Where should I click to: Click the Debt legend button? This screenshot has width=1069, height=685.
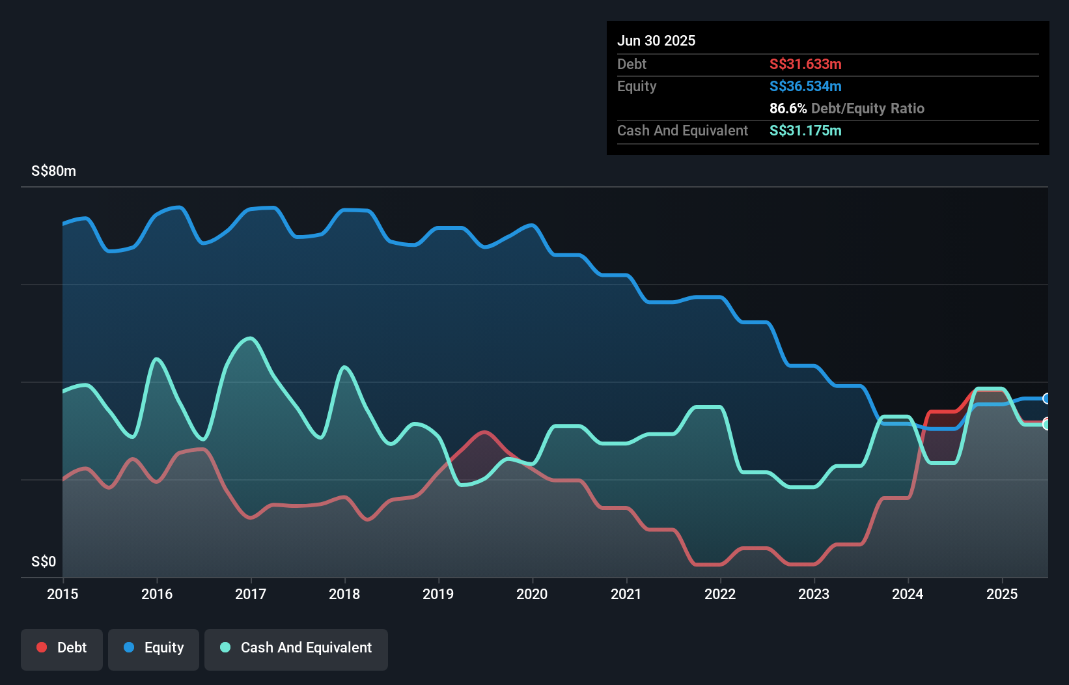[62, 649]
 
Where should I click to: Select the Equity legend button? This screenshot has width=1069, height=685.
[154, 649]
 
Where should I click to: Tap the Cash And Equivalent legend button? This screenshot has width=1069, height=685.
[296, 649]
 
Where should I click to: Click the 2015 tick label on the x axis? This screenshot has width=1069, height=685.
[62, 594]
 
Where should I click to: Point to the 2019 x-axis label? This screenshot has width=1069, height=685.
[438, 594]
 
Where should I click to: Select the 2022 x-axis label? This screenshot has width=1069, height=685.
[720, 594]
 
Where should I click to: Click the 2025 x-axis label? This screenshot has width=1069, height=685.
[1002, 594]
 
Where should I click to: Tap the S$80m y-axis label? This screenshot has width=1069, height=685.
[53, 171]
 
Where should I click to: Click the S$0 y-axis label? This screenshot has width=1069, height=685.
[44, 561]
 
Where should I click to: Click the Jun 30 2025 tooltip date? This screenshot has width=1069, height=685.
[656, 40]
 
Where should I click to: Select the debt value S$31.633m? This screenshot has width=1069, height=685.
[805, 64]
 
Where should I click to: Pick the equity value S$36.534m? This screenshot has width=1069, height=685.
[805, 86]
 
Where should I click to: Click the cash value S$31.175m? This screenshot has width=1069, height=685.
[805, 130]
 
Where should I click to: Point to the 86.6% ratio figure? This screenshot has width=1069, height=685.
[788, 108]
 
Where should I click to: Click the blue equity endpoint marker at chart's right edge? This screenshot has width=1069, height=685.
[1047, 398]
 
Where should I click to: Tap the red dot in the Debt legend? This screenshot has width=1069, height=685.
[42, 647]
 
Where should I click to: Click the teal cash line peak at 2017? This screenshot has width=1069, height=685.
[250, 338]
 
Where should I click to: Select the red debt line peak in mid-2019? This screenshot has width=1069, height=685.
[483, 432]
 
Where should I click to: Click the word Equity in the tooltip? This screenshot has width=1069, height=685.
[637, 86]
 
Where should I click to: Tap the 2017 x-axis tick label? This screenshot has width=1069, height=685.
[251, 594]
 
